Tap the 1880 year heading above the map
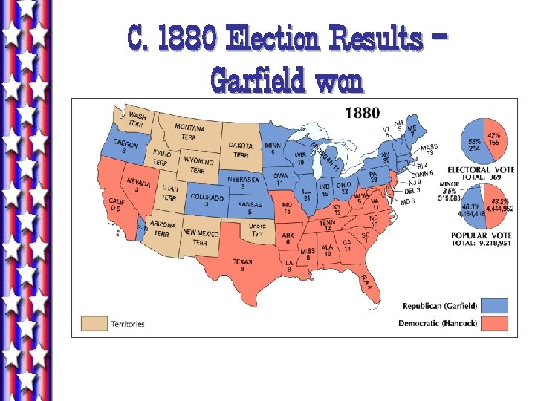click(363, 113)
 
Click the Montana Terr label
click(190, 132)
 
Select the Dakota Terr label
click(241, 150)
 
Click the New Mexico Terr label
click(200, 238)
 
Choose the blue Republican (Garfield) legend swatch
click(495, 305)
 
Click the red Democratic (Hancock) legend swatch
click(495, 323)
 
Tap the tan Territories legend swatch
click(94, 324)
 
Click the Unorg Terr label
click(257, 231)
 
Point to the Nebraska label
click(244, 183)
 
